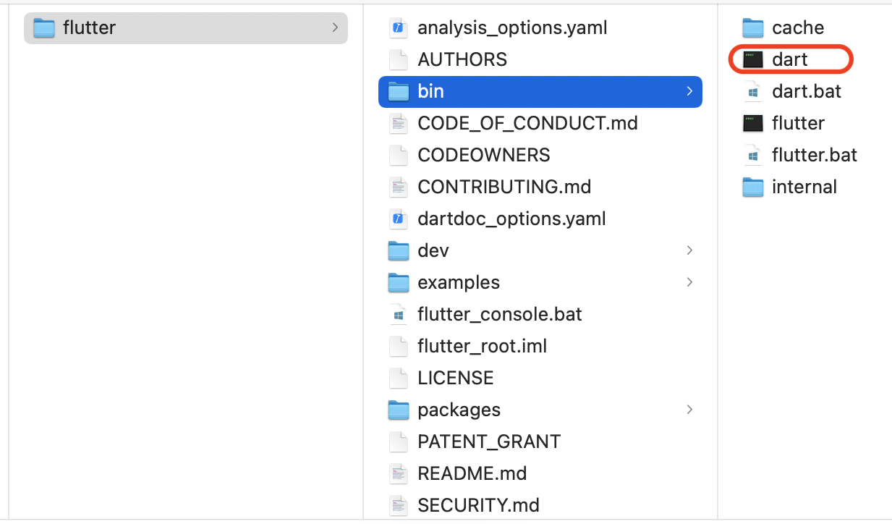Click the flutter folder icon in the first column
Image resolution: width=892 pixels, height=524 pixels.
tap(44, 28)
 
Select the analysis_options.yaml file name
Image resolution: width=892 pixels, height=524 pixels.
tap(512, 28)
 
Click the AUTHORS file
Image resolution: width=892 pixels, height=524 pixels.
tap(462, 59)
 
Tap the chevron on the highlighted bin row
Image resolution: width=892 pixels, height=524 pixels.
tap(689, 91)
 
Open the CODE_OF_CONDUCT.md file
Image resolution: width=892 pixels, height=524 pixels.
tap(527, 123)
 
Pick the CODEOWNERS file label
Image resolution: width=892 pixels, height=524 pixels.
tap(483, 155)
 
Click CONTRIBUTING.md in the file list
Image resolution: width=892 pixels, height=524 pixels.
tap(504, 187)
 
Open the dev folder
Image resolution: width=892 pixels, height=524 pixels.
tap(433, 250)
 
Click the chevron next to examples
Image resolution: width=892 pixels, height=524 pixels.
tap(689, 282)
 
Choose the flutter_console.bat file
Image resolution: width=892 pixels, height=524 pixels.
tap(499, 314)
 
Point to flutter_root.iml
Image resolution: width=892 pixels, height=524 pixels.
tap(482, 346)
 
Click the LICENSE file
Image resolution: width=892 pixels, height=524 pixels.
tap(455, 378)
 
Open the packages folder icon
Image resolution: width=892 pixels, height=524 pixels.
tap(399, 410)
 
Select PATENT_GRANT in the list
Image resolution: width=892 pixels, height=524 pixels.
tap(488, 441)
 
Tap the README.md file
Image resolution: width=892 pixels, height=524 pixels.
tap(472, 473)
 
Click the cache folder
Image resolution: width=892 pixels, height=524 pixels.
tap(797, 28)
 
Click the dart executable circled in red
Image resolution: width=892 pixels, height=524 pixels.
tap(789, 59)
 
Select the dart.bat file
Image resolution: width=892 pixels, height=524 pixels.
tap(806, 91)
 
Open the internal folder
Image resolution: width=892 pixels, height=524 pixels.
tap(804, 187)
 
